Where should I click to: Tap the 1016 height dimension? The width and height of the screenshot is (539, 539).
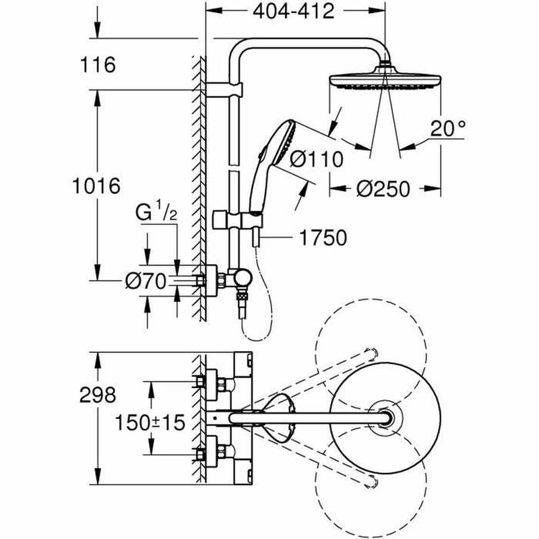pyautogui.click(x=96, y=185)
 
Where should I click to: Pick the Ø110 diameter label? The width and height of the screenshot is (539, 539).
pyautogui.click(x=317, y=159)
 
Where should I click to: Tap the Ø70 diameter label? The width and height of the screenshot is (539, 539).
pyautogui.click(x=144, y=281)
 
